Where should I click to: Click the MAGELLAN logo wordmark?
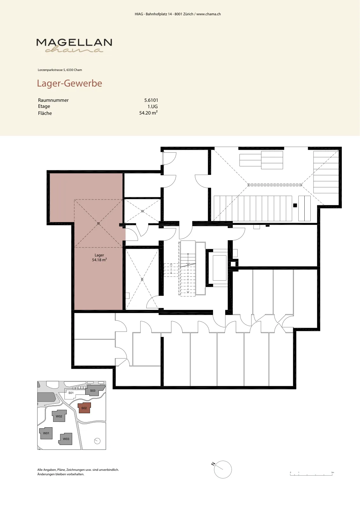click(74, 43)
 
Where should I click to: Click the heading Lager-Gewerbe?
click(70, 83)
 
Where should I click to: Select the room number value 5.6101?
click(151, 100)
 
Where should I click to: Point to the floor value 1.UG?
click(152, 107)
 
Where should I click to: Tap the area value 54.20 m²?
click(148, 113)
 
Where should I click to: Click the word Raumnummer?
click(53, 100)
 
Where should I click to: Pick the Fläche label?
click(45, 113)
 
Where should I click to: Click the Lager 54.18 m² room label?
click(99, 257)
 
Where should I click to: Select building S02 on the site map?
click(84, 408)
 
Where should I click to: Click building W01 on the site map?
click(46, 433)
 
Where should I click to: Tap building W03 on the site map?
click(66, 439)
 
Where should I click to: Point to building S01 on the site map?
click(71, 393)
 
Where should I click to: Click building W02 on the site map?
click(59, 416)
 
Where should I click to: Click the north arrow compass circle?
click(223, 470)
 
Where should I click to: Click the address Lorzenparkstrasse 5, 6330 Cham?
click(60, 70)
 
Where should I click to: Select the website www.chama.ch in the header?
click(209, 14)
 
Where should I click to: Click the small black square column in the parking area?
click(295, 206)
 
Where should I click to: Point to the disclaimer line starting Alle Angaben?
click(78, 470)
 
